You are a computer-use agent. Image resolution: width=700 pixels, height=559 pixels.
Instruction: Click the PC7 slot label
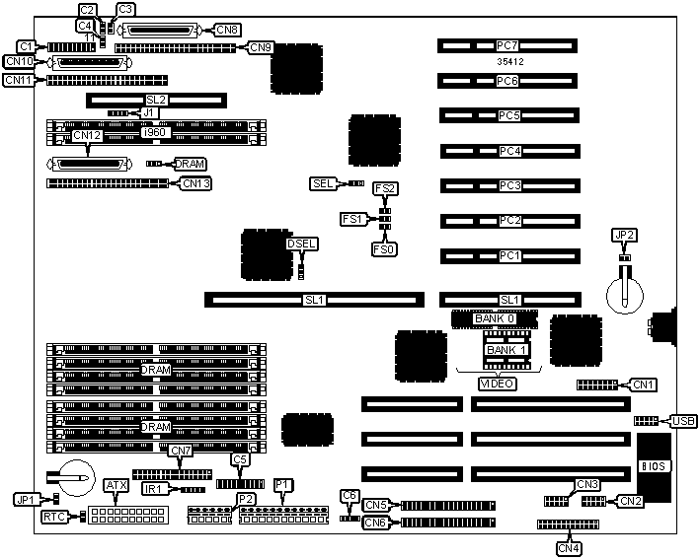pyautogui.click(x=508, y=45)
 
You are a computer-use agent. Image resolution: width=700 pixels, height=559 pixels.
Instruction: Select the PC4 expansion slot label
pyautogui.click(x=508, y=151)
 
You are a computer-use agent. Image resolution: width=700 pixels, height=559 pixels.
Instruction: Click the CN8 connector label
pyautogui.click(x=228, y=31)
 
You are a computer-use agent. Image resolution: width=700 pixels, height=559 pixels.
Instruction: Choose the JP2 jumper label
pyautogui.click(x=623, y=235)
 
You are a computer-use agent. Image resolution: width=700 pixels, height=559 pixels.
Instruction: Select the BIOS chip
pyautogui.click(x=652, y=464)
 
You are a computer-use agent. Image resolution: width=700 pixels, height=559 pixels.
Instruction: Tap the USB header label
pyautogui.click(x=683, y=422)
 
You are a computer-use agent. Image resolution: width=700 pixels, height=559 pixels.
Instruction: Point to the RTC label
pyautogui.click(x=54, y=517)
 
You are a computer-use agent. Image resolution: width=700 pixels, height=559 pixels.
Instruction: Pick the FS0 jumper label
pyautogui.click(x=384, y=249)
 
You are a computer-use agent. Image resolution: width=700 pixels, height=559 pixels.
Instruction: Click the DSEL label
pyautogui.click(x=301, y=243)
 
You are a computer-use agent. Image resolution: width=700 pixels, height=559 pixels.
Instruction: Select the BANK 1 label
pyautogui.click(x=506, y=350)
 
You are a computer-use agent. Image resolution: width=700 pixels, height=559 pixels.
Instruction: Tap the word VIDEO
pyautogui.click(x=496, y=383)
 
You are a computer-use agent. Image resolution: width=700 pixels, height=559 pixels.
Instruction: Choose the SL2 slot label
pyautogui.click(x=156, y=101)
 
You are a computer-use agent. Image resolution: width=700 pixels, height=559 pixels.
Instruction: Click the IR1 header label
pyautogui.click(x=155, y=489)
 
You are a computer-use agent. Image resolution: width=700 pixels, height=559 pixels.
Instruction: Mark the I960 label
pyautogui.click(x=155, y=131)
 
